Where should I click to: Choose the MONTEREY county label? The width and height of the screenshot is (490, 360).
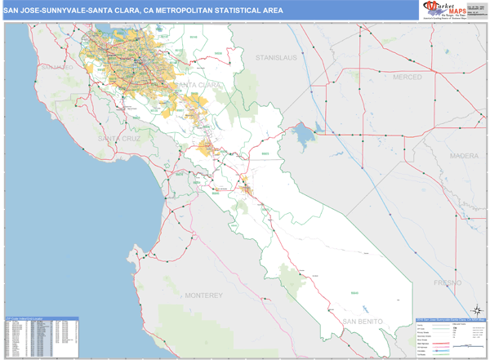tap(203, 294)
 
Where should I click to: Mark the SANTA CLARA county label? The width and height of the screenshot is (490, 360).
tap(196, 85)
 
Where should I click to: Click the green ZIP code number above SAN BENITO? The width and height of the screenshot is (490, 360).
tap(354, 292)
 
